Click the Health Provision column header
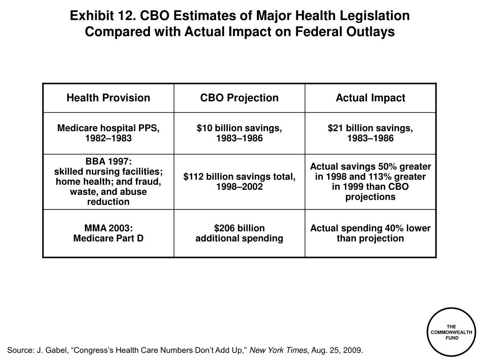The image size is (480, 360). [108, 97]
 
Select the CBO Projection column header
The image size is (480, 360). [240, 97]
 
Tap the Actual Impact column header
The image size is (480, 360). [370, 97]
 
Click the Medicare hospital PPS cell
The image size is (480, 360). [108, 133]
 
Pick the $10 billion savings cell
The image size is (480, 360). [240, 133]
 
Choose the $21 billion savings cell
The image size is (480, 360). [370, 133]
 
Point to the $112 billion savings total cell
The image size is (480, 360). [240, 181]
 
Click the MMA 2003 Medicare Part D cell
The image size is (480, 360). [108, 233]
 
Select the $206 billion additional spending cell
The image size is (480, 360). [240, 233]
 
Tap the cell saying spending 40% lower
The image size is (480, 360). [370, 233]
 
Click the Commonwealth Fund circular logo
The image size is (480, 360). [451, 332]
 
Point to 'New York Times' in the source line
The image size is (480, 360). [278, 350]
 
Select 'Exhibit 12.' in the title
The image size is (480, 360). [103, 15]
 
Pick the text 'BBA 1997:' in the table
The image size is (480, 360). [108, 161]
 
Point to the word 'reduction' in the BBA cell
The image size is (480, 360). [108, 202]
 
